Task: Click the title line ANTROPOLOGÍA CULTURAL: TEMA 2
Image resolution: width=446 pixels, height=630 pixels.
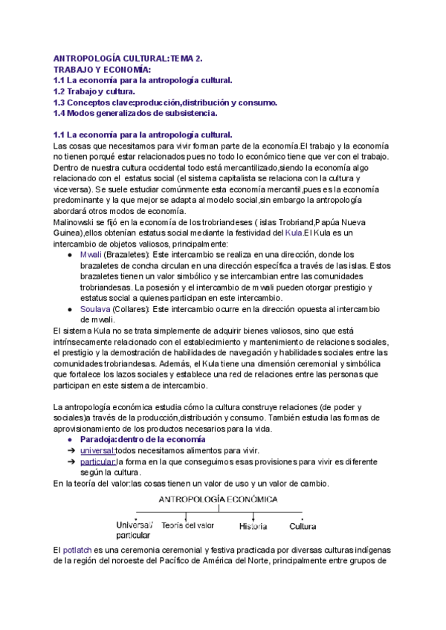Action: (138, 57)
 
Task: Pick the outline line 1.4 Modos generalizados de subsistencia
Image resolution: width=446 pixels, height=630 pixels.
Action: (135, 114)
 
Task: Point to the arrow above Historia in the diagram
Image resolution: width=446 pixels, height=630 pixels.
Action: (253, 515)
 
